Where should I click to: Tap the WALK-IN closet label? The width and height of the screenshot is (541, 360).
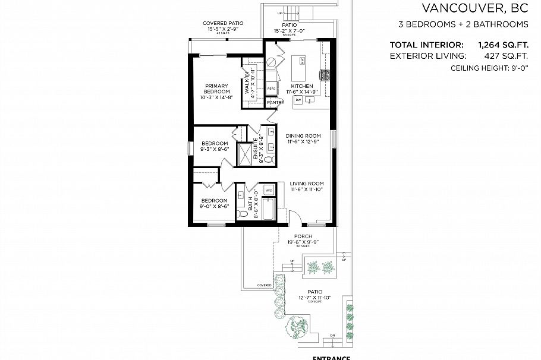246,83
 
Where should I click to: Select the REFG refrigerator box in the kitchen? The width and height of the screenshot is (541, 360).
270,89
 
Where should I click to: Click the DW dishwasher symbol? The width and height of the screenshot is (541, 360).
298,100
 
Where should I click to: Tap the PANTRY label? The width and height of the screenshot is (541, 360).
275,103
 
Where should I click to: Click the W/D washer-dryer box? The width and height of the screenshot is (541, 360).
269,190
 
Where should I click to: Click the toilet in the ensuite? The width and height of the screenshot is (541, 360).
268,160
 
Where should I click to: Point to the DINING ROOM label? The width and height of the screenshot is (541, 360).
303,138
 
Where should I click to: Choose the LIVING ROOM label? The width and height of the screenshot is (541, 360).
307,186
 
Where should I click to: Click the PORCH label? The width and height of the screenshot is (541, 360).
295,236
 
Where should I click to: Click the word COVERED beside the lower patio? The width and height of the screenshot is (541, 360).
265,285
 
